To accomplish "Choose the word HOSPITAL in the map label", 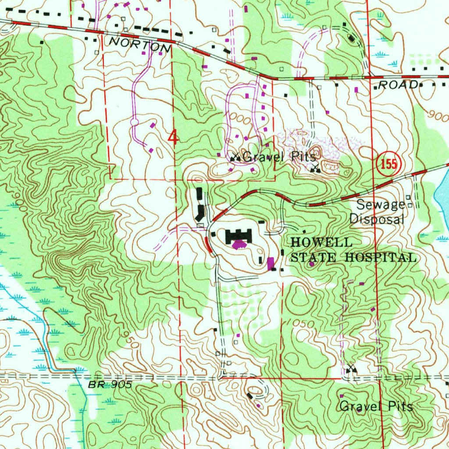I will coord(381,257).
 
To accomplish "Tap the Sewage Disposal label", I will coord(376,212).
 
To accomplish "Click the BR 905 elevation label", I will coord(110,385).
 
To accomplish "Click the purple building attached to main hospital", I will coord(239,245).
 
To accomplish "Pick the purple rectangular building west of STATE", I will coord(271,263).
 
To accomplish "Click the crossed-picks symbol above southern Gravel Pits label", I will coord(350,369).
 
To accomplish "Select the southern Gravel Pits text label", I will coord(376,406).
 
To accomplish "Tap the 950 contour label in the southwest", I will coord(125,339).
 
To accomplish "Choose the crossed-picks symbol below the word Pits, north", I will coord(315,168).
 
